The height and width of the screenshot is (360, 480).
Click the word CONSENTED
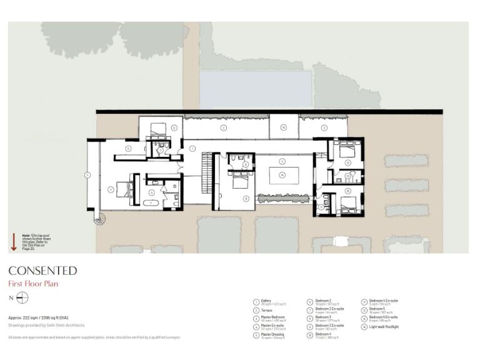(x=42, y=271)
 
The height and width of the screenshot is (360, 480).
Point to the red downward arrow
(x=14, y=241)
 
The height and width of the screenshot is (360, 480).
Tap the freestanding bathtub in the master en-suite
(x=153, y=204)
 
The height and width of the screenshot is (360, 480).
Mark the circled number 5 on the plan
(x=128, y=149)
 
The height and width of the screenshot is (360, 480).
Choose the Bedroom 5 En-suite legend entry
(x=383, y=318)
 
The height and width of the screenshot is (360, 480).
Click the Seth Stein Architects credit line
(x=46, y=326)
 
